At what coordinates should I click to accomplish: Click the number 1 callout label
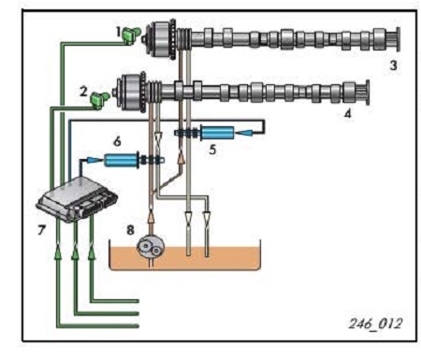point(118,32)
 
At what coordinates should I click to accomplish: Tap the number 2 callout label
point(83,92)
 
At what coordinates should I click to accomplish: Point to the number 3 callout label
point(394,65)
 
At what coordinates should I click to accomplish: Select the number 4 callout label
point(348,113)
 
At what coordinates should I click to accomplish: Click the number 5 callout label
point(212,150)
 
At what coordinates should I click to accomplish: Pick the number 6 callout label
point(117,141)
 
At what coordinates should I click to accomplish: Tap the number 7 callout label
point(41,230)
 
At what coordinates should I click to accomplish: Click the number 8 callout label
point(130,230)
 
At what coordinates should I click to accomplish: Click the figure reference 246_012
point(375,324)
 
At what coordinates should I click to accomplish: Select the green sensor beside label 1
point(131,35)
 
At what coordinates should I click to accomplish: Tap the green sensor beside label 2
point(100,100)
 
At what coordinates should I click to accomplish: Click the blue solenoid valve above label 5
point(217,133)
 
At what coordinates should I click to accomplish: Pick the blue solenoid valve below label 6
point(122,160)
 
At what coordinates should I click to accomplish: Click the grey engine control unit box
point(77,199)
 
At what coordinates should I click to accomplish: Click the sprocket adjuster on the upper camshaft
point(162,40)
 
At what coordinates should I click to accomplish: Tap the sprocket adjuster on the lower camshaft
point(131,92)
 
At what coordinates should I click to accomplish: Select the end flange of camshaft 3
point(398,39)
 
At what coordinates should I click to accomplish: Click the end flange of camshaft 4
point(367,93)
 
